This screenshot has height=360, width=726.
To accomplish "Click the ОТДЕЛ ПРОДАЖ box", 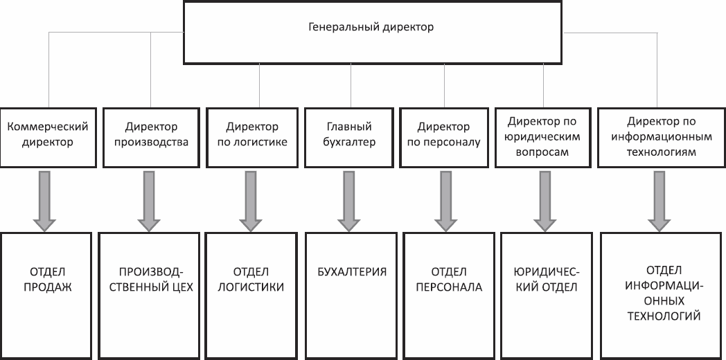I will [46, 296].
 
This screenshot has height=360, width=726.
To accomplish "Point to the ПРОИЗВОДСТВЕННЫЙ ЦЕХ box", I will [148, 296].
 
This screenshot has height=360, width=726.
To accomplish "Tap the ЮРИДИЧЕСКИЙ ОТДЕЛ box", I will [547, 296].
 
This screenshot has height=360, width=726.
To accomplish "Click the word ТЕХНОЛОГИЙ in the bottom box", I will [663, 316].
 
